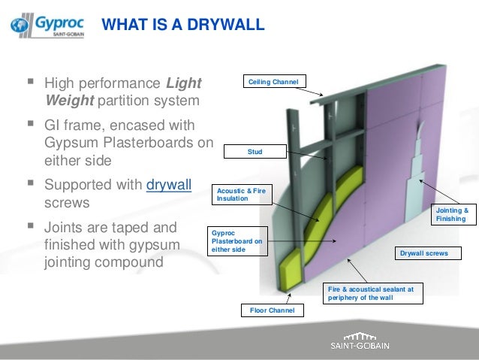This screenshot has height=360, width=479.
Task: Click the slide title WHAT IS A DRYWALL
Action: pyautogui.click(x=182, y=26)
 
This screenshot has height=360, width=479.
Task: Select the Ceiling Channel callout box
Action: pyautogui.click(x=273, y=81)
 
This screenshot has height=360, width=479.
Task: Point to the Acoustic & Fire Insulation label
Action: pyautogui.click(x=239, y=195)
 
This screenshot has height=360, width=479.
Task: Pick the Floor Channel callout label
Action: pyautogui.click(x=272, y=310)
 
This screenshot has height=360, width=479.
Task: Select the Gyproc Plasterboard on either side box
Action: pyautogui.click(x=237, y=241)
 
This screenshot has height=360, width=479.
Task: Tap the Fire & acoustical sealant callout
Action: pyautogui.click(x=369, y=292)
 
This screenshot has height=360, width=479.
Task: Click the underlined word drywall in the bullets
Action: pyautogui.click(x=170, y=184)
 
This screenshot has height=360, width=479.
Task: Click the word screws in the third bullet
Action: pyautogui.click(x=68, y=203)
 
